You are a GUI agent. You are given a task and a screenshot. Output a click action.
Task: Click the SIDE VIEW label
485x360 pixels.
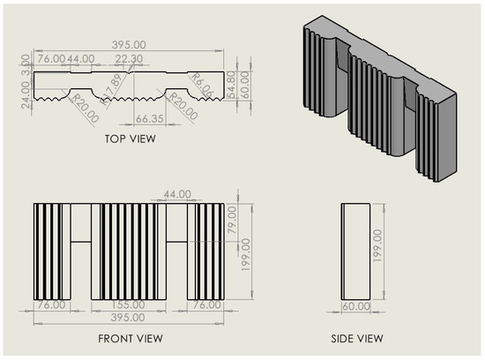357,339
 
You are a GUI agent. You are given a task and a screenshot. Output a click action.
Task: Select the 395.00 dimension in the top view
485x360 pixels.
130,43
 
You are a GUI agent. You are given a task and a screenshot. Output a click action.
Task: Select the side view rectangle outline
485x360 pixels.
357,251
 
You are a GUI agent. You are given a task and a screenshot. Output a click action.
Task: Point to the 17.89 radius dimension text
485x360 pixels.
113,89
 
